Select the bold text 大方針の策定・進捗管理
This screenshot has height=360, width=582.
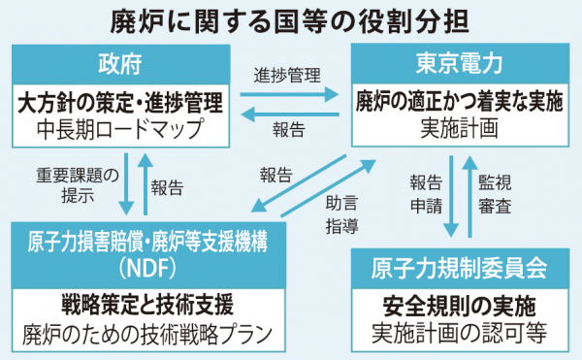(121, 101)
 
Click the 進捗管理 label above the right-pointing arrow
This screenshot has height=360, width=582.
(288, 75)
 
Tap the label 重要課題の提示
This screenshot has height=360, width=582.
(77, 185)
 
